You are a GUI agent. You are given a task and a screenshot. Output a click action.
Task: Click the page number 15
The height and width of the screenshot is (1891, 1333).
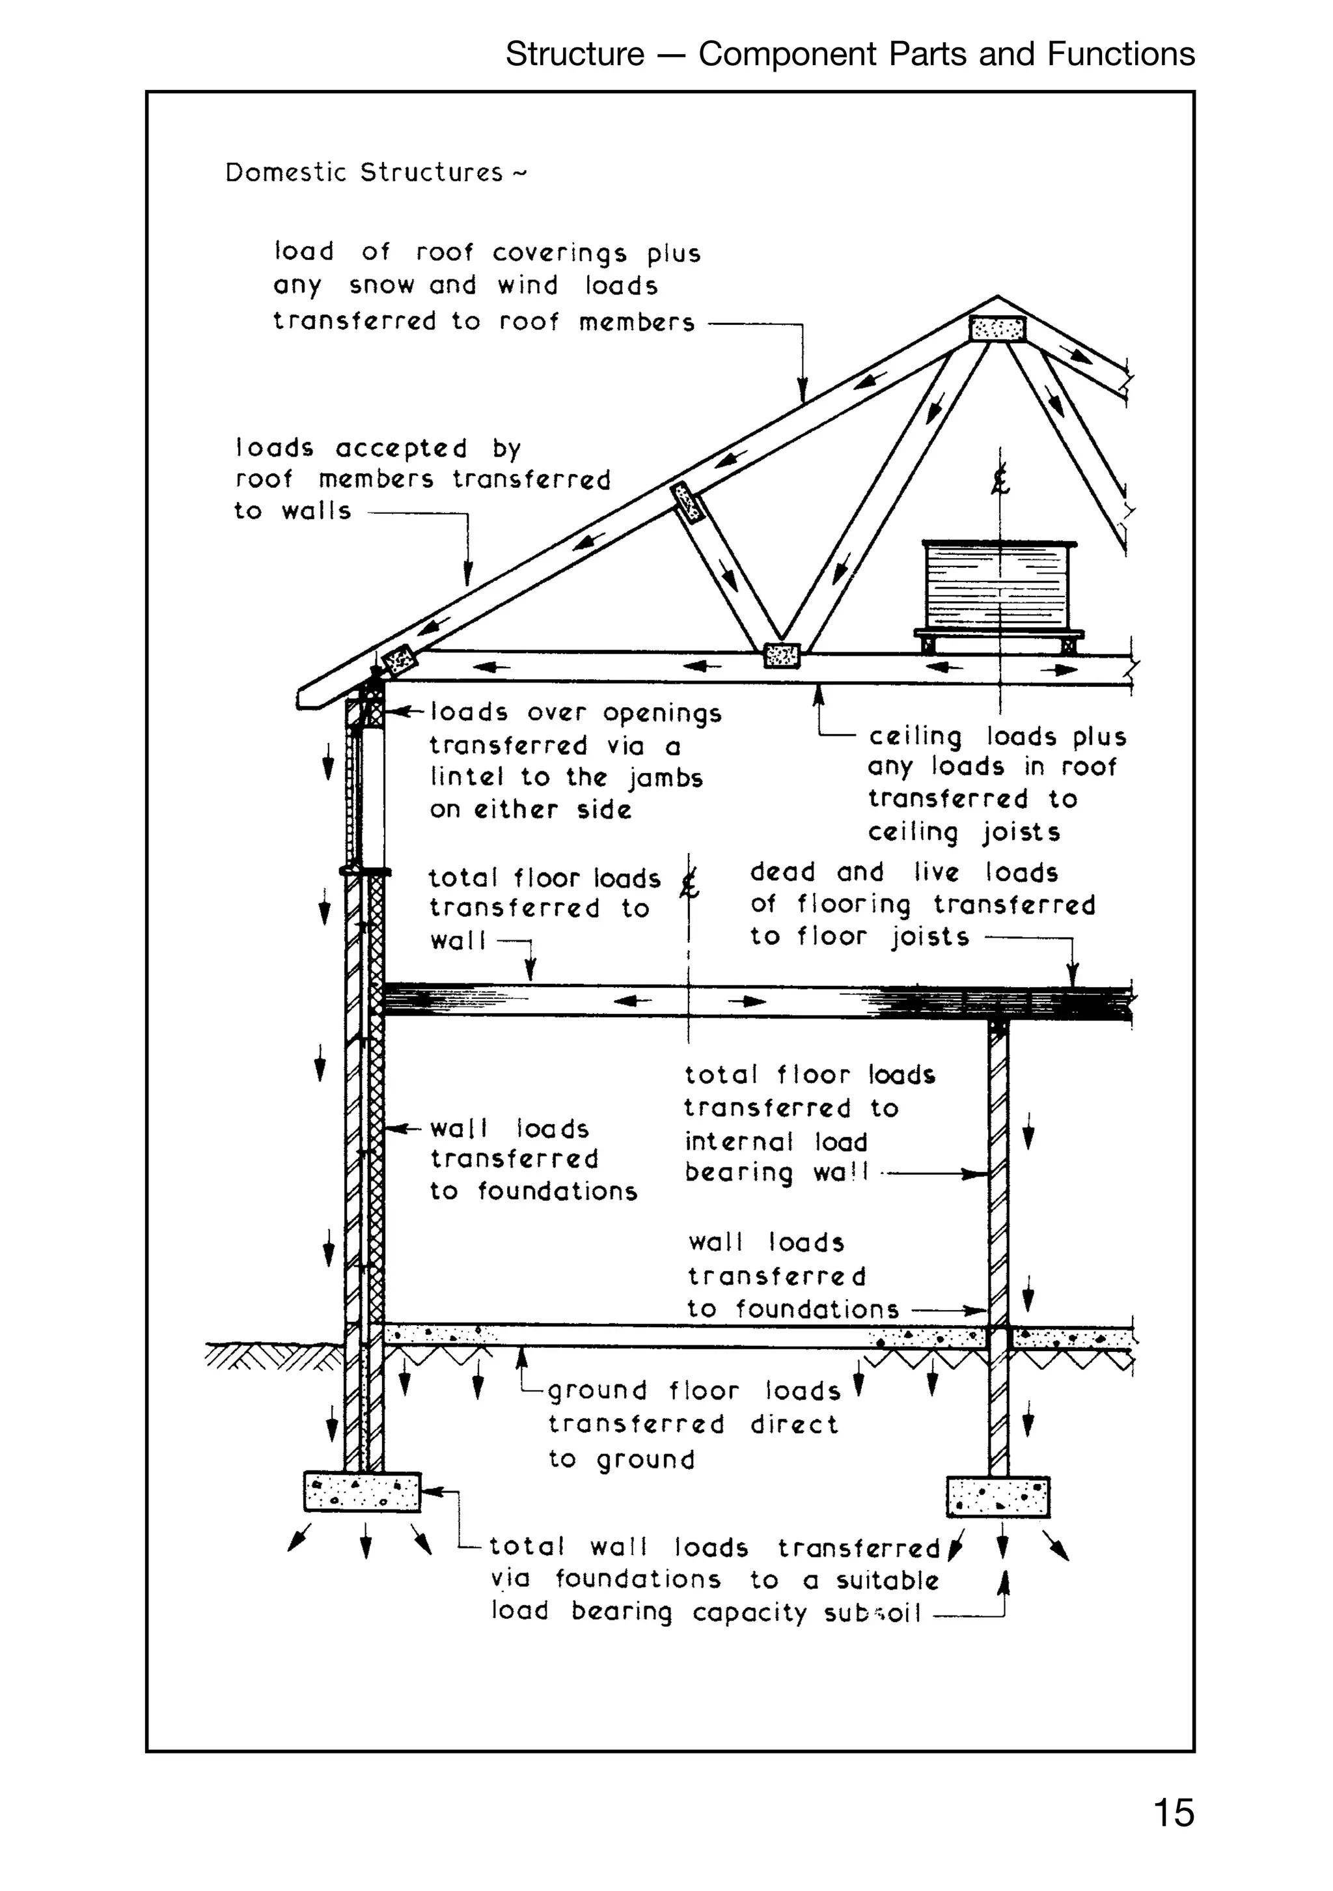(x=1174, y=1813)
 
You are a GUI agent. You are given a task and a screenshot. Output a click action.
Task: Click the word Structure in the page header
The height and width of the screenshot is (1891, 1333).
(x=575, y=54)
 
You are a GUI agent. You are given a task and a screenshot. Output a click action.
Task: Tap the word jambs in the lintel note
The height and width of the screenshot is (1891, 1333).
(x=665, y=778)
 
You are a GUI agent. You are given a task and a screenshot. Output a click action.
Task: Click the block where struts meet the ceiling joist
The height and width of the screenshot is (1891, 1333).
(x=781, y=656)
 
